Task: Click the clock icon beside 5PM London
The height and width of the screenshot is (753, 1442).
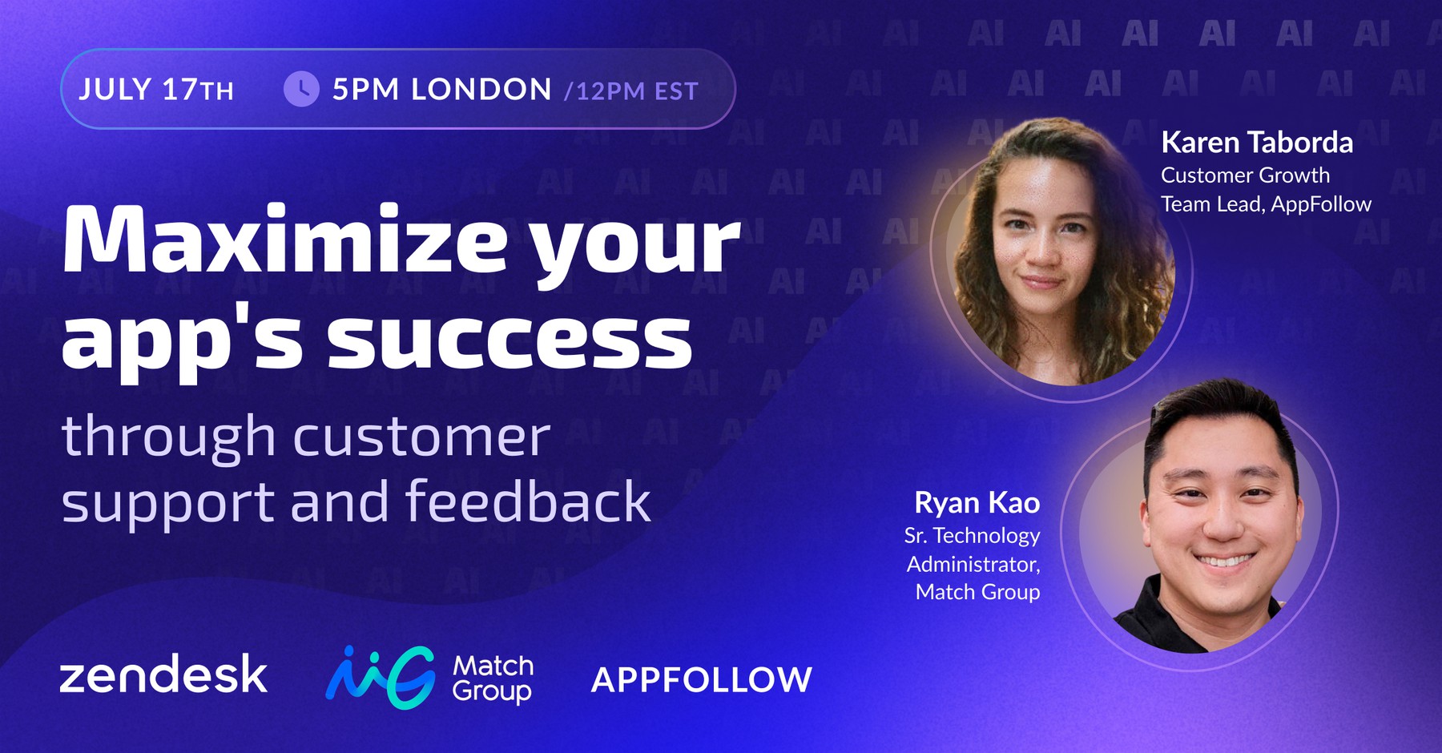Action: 301,89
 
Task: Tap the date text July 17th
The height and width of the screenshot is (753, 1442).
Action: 156,90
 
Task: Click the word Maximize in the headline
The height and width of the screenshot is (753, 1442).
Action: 284,240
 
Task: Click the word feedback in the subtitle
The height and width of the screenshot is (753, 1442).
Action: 528,501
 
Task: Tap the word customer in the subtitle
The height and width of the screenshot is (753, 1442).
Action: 422,437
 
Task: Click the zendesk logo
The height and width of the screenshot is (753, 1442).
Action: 163,674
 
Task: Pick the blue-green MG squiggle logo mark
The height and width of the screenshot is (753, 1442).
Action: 381,677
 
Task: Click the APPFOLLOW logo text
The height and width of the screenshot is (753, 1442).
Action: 702,680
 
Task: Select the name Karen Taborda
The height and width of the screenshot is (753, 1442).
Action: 1257,143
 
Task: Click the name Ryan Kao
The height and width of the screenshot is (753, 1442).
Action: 977,503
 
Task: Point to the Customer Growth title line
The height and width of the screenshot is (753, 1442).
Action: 1245,175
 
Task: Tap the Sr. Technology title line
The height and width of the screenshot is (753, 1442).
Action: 972,535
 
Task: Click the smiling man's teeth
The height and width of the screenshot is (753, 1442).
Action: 1223,561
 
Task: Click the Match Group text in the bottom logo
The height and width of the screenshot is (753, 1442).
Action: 493,678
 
